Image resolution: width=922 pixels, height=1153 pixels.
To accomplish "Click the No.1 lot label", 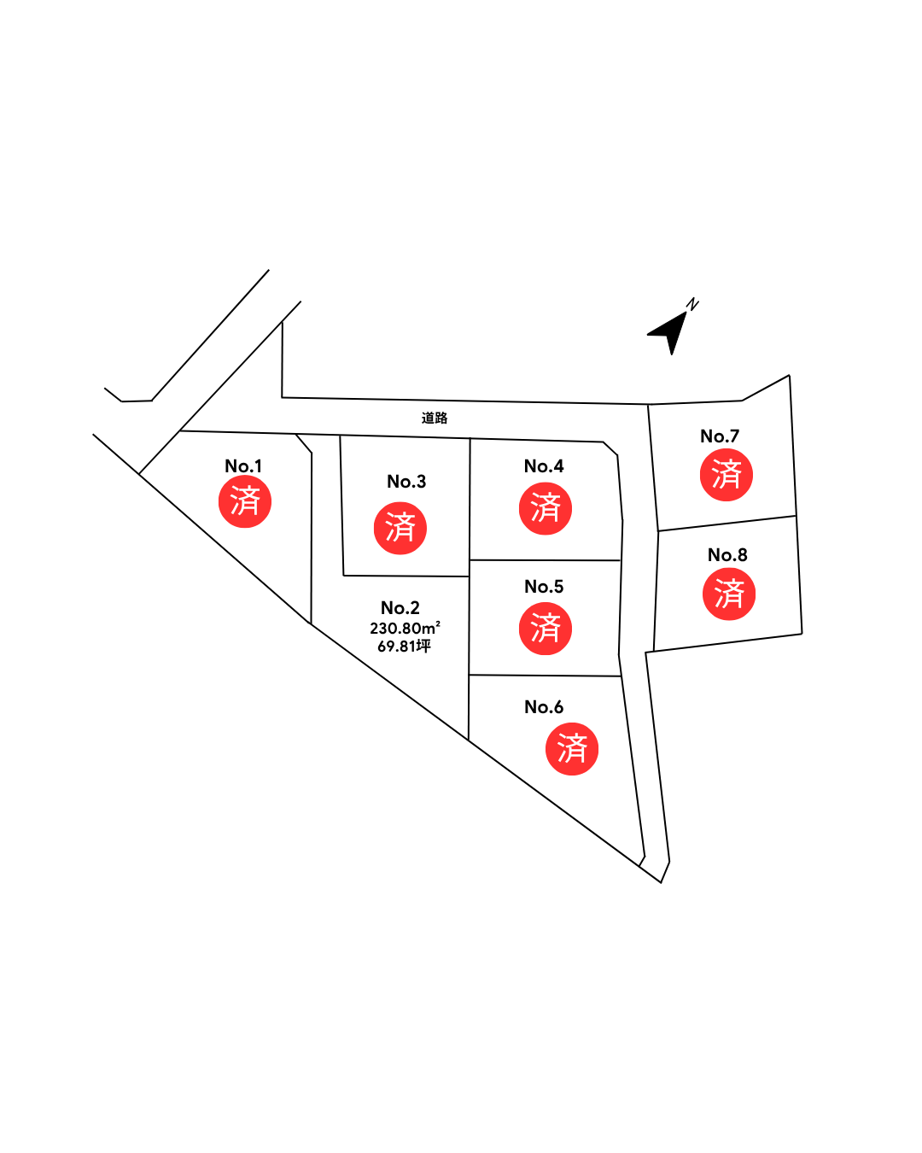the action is (x=243, y=466).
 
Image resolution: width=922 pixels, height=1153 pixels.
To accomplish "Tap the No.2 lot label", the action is (x=400, y=607).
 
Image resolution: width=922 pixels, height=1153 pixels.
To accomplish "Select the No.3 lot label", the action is (x=406, y=481).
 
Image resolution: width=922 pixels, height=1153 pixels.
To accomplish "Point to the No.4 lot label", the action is (x=544, y=466).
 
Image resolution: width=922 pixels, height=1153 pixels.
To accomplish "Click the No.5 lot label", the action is (x=544, y=587).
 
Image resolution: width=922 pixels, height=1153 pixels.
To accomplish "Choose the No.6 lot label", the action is (x=544, y=707).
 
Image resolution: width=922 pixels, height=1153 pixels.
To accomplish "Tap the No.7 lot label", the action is (x=720, y=436).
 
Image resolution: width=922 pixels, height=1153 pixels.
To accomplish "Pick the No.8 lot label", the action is (x=727, y=555).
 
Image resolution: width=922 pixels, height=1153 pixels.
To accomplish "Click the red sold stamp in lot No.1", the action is (x=245, y=502).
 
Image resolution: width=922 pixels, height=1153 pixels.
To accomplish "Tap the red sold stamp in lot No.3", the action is (x=400, y=529).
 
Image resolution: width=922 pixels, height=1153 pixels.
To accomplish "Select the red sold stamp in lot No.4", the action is (x=546, y=508).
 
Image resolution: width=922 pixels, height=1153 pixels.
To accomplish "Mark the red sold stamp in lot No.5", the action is (x=546, y=629).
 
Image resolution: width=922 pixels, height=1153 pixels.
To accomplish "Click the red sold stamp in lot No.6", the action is (x=572, y=749).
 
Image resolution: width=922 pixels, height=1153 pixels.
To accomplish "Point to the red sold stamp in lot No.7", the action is (x=727, y=475).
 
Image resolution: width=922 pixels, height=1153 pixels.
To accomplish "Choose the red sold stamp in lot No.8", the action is (x=729, y=594).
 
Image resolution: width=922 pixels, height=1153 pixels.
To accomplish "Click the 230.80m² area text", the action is (x=405, y=628).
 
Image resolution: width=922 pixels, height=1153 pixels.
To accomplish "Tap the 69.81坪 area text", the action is (x=404, y=647).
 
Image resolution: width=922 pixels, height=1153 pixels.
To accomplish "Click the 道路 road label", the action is (x=435, y=418).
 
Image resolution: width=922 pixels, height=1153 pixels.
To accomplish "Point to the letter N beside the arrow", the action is (x=692, y=304).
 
